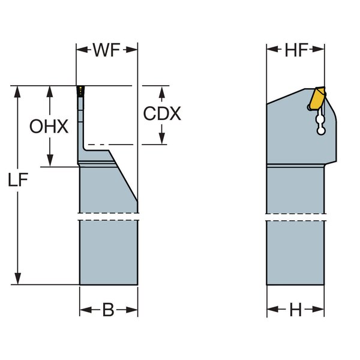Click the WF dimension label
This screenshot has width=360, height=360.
click(x=107, y=50)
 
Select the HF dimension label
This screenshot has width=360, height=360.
click(x=296, y=50)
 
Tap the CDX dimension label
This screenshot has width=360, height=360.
click(x=162, y=114)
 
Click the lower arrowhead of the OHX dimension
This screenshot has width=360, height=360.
click(x=50, y=162)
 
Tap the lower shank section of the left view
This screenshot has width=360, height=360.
click(x=109, y=252)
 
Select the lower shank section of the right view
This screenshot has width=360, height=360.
click(x=296, y=252)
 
